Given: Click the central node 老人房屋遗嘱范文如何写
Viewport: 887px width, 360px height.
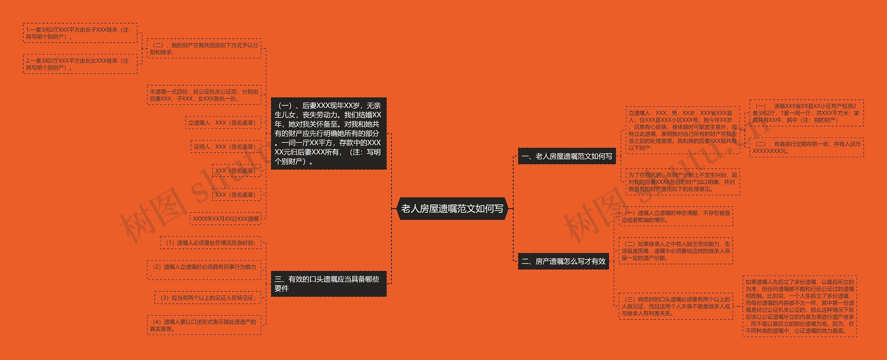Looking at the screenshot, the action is (452, 209).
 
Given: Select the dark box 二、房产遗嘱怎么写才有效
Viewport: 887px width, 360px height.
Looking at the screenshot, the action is (563, 261).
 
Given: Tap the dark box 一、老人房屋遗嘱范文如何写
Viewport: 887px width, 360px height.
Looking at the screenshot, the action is (567, 156).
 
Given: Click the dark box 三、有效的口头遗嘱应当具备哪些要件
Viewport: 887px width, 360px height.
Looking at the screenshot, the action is (328, 284).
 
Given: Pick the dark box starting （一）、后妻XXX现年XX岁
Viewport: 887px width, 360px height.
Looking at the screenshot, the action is (328, 133).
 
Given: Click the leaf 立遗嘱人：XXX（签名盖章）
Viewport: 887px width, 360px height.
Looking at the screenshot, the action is (223, 123).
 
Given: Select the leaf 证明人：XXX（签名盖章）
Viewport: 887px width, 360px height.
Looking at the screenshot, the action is (226, 147).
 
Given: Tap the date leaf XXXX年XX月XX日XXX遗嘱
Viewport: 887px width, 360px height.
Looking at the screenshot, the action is (226, 219).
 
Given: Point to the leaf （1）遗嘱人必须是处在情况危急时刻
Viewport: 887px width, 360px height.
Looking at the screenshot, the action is (211, 243).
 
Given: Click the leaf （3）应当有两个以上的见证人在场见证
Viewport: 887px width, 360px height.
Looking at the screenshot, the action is (208, 298).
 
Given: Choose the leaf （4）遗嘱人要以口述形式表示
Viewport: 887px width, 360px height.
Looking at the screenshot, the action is (204, 325).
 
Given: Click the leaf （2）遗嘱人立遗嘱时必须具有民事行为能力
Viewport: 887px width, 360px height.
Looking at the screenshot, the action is (204, 270).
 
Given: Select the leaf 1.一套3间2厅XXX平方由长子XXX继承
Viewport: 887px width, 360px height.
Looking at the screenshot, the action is (80, 33).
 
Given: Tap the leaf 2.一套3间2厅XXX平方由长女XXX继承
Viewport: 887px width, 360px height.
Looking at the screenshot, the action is (80, 64).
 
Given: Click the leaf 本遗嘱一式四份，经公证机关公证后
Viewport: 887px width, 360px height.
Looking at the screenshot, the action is (204, 95).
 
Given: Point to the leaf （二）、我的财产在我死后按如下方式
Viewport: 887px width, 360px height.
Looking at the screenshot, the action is (204, 49).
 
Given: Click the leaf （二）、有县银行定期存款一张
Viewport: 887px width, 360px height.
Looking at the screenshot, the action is (806, 147).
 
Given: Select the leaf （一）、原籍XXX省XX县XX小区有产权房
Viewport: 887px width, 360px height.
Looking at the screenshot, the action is (806, 113).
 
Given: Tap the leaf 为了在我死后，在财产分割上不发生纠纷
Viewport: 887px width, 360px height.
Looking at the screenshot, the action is (683, 182).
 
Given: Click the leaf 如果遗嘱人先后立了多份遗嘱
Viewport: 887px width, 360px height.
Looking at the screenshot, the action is (800, 306).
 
